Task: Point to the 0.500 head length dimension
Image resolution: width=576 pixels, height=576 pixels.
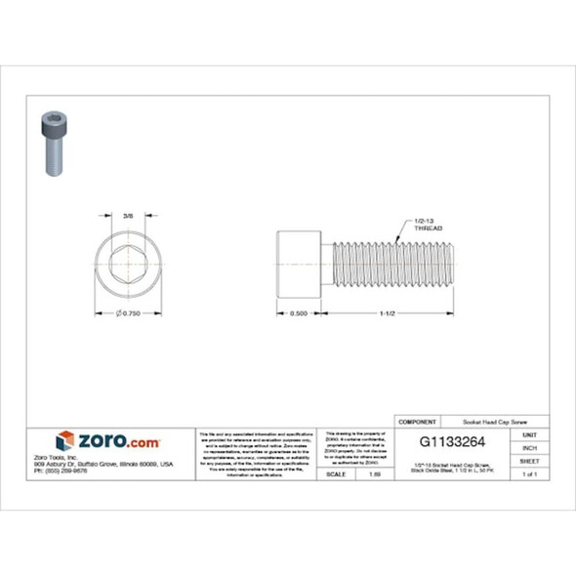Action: pyautogui.click(x=299, y=313)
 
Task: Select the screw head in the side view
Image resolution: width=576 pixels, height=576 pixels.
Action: pyautogui.click(x=299, y=263)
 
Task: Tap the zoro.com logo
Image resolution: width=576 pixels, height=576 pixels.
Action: pyautogui.click(x=106, y=440)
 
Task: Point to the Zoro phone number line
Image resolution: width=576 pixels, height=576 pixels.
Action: pyautogui.click(x=60, y=471)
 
